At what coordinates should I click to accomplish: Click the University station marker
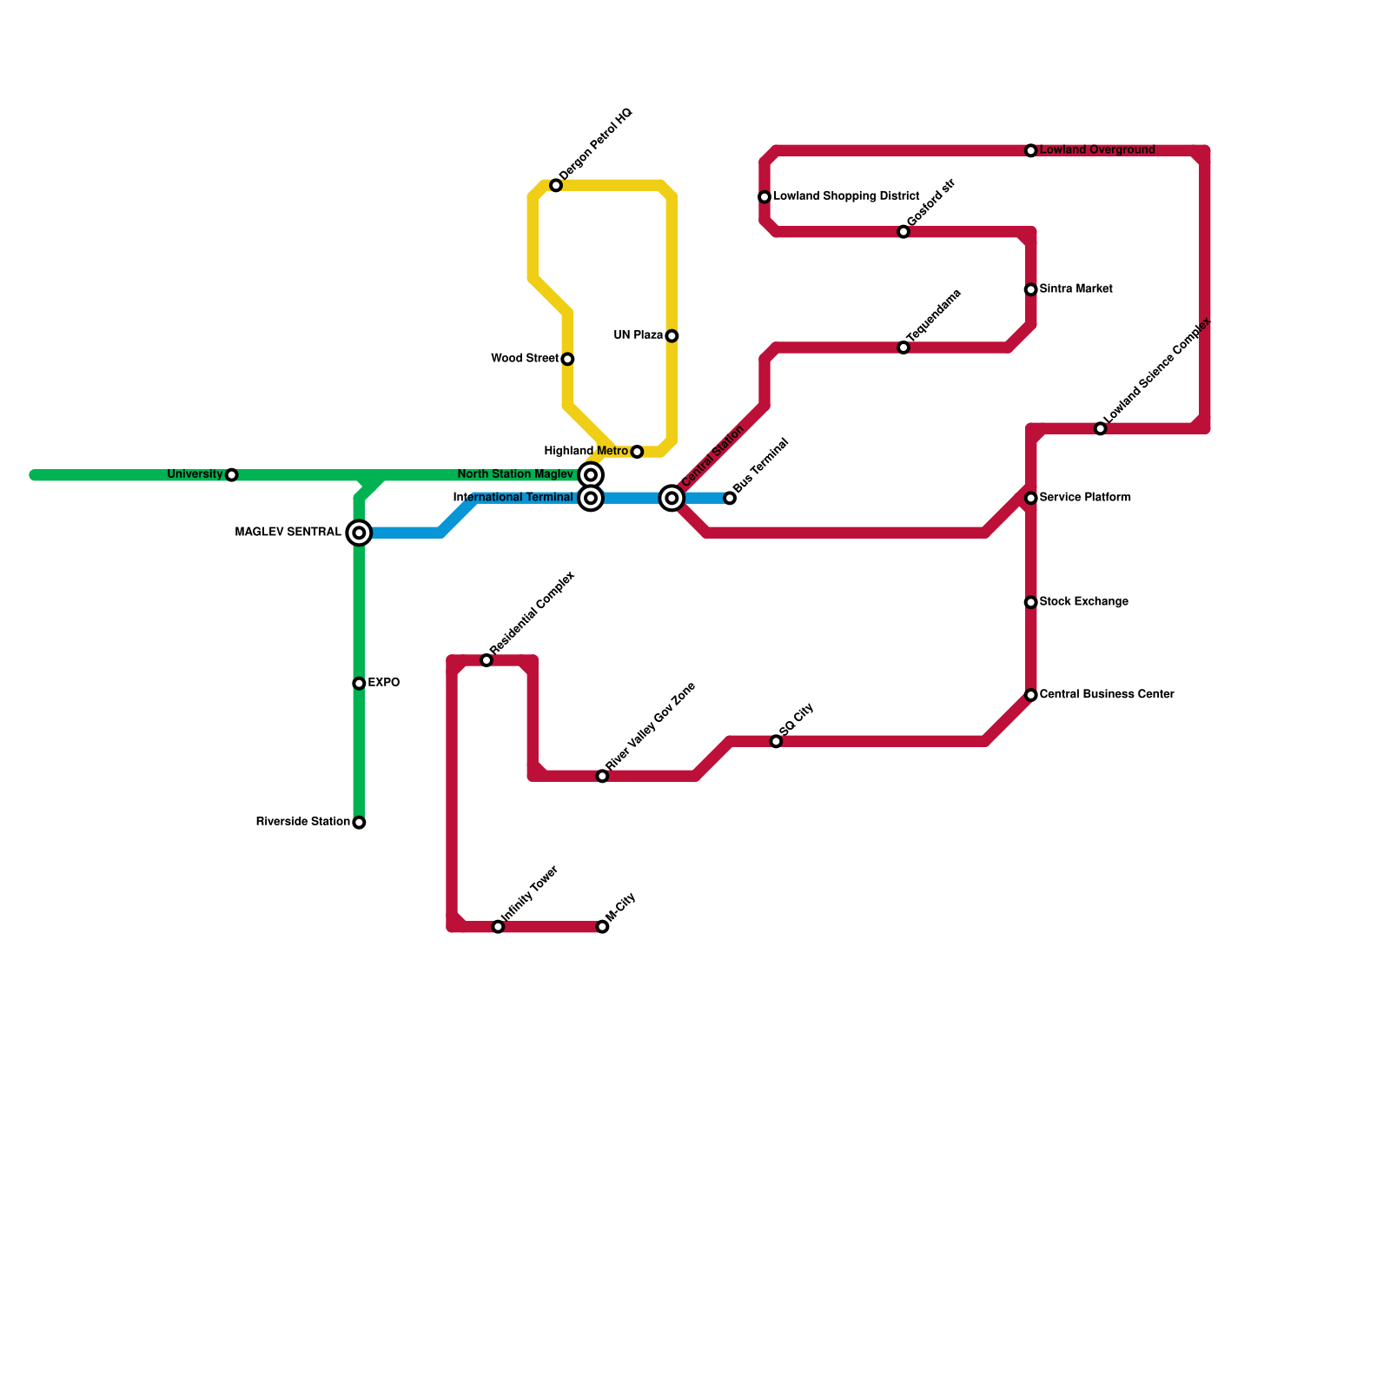[231, 475]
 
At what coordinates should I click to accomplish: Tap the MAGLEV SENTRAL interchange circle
[359, 533]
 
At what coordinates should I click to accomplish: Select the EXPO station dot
[359, 684]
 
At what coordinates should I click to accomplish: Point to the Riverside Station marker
[359, 823]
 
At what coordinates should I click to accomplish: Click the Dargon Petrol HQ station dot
[556, 186]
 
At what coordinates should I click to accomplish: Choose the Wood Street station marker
[567, 360]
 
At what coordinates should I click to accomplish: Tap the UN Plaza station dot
[672, 336]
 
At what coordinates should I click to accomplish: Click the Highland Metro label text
[586, 452]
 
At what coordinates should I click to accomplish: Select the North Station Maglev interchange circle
[591, 475]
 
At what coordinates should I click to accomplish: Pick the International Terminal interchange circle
[591, 498]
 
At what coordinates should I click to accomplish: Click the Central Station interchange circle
[672, 498]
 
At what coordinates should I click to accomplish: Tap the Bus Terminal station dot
[730, 498]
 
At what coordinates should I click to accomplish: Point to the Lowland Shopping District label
[846, 197]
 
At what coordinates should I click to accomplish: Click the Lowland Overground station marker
[1031, 151]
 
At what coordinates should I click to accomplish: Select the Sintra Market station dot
[1031, 290]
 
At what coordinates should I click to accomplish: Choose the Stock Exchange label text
[1083, 602]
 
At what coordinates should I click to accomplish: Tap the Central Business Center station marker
[1031, 695]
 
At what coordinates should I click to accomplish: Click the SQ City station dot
[776, 741]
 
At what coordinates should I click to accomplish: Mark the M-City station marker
[602, 927]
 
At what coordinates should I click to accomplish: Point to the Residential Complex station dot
[486, 661]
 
